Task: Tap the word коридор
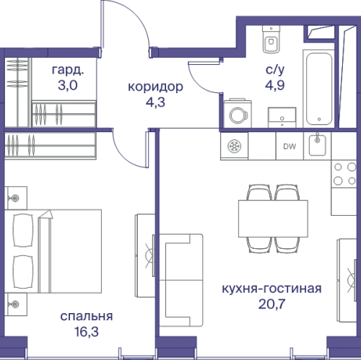click(x=155, y=87)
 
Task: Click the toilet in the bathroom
click(x=271, y=40)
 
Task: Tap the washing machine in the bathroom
click(x=236, y=115)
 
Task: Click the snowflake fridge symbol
click(x=235, y=146)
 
